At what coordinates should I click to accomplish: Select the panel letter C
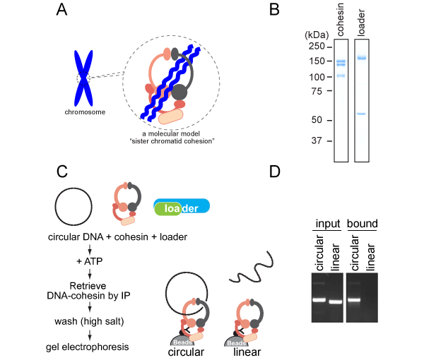point(63,172)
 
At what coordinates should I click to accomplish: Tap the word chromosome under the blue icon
point(83,112)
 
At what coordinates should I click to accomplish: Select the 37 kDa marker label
point(317,140)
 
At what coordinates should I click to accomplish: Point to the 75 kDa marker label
point(317,91)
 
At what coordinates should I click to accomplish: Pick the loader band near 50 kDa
point(361,114)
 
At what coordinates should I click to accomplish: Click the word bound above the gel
point(363,223)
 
